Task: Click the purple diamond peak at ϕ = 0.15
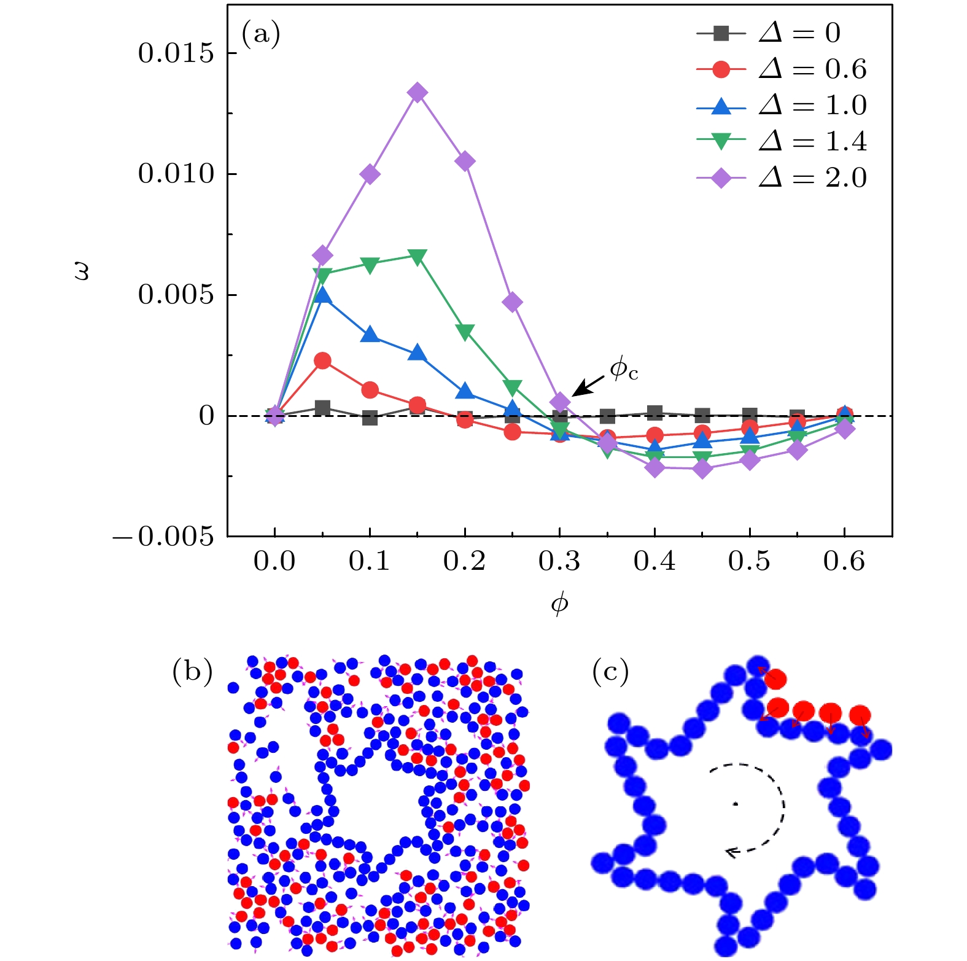click(417, 93)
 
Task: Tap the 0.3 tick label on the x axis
click(559, 561)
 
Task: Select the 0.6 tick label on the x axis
click(844, 561)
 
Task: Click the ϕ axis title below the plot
click(559, 604)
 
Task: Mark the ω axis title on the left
click(82, 271)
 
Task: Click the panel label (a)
click(260, 34)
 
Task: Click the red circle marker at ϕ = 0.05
click(322, 361)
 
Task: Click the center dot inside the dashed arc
click(735, 804)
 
